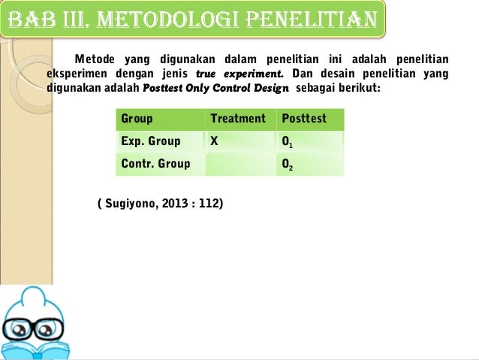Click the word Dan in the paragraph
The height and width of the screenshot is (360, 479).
(302, 74)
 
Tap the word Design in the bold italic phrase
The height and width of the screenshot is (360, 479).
(271, 88)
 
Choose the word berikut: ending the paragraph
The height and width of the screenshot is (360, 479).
(359, 88)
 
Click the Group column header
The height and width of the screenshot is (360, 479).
(137, 119)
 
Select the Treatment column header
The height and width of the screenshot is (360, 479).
(238, 119)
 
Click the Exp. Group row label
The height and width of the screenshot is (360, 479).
(151, 141)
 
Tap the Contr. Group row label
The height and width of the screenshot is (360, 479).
(155, 164)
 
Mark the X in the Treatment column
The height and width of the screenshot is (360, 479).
(215, 141)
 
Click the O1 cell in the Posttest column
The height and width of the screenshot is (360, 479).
(288, 142)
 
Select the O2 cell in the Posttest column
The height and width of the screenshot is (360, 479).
(288, 165)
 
